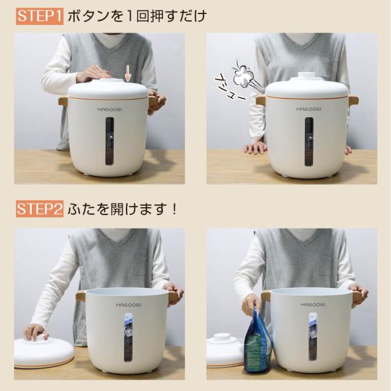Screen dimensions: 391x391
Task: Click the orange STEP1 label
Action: click(39, 16)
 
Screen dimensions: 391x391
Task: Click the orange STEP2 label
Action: click(39, 210)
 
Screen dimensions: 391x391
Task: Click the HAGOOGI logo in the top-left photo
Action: click(108, 109)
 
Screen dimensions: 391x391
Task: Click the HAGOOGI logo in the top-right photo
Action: click(307, 109)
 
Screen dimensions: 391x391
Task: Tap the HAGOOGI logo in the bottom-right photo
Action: click(312, 304)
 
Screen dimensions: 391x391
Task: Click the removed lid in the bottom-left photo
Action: click(43, 353)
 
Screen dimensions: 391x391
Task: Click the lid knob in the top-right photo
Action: click(307, 77)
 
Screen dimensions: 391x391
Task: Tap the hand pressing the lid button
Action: click(93, 73)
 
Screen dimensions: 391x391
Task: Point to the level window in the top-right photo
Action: click(309, 141)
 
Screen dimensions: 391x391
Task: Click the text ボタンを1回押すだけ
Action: click(137, 16)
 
